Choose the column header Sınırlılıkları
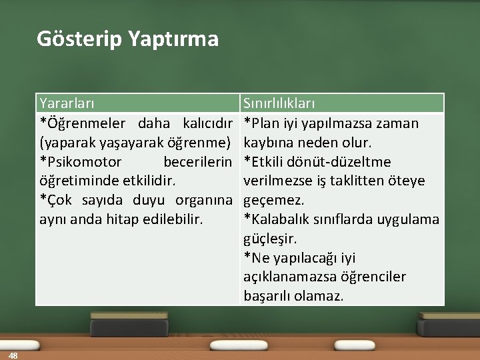coord(279,104)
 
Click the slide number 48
coord(13,355)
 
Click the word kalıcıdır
coord(207,123)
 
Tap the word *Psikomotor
coord(81,162)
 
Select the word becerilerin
coord(197,162)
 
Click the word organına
coord(203,200)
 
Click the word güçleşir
coord(271,238)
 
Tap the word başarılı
coord(265,295)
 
